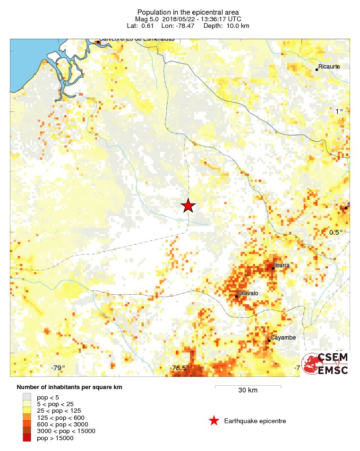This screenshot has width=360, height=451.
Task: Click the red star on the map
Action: click(x=188, y=206)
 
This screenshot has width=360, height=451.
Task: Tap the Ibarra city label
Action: click(x=282, y=265)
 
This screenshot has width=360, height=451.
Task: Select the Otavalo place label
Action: click(x=248, y=293)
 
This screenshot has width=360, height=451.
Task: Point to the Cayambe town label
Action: click(x=283, y=338)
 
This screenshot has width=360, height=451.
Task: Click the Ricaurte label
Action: click(x=329, y=67)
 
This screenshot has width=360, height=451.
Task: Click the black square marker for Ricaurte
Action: click(x=317, y=69)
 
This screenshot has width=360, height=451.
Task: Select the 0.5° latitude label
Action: click(x=336, y=232)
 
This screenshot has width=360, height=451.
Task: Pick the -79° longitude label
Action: click(x=58, y=368)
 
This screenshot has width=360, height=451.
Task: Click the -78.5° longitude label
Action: click(x=180, y=368)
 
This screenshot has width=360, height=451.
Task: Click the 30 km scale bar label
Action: click(x=248, y=390)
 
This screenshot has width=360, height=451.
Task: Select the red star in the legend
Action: click(x=214, y=421)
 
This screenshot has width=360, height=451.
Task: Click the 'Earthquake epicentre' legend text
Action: click(x=255, y=421)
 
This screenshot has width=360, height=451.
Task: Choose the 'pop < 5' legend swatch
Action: click(x=27, y=397)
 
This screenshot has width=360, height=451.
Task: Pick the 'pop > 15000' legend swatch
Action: click(x=27, y=438)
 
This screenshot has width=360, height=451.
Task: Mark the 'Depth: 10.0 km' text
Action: click(x=226, y=26)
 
